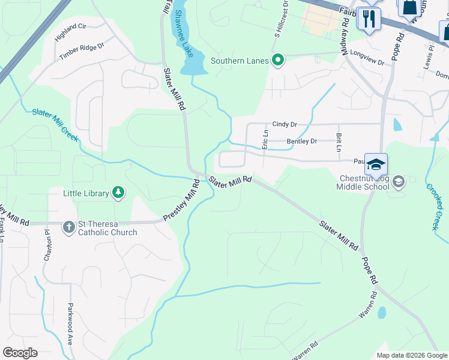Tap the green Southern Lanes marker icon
(277, 60)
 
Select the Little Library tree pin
(119, 193)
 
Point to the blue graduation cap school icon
(376, 165)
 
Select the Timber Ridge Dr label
(82, 50)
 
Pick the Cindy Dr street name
(285, 124)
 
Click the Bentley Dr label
(301, 142)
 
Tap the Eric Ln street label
(265, 139)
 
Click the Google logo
(20, 352)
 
